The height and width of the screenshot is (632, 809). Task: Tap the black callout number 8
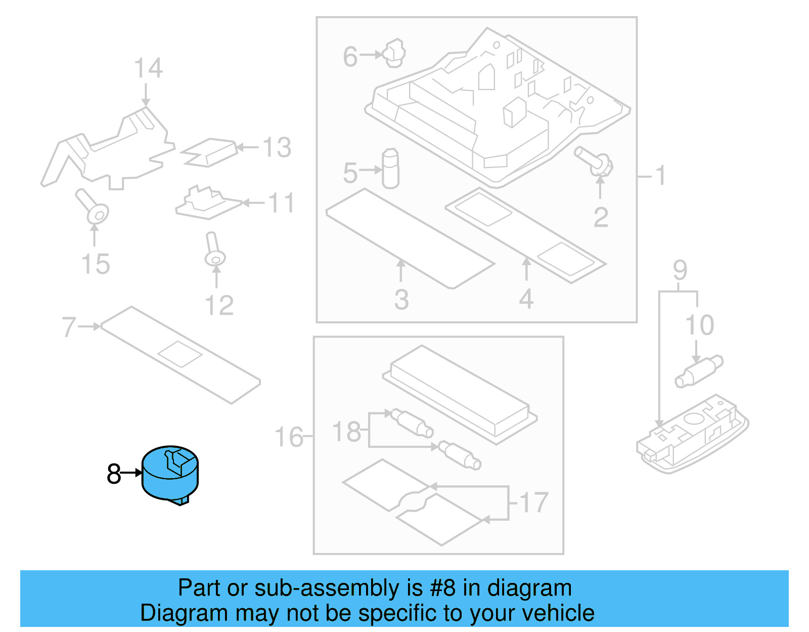click(114, 474)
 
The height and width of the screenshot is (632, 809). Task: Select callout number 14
click(148, 68)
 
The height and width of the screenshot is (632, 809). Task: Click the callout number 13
click(277, 148)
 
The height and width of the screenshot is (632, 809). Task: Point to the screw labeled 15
click(93, 207)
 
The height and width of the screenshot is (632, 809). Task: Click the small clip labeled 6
click(394, 53)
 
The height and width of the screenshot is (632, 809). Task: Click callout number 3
click(401, 300)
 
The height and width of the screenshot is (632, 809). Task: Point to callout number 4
click(526, 299)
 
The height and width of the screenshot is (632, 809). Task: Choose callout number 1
click(660, 176)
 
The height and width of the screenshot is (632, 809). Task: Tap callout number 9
click(680, 270)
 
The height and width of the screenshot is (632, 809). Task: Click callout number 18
click(346, 432)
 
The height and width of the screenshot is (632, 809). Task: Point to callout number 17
click(533, 502)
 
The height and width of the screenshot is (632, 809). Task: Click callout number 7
click(69, 327)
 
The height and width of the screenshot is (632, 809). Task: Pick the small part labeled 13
click(209, 152)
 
